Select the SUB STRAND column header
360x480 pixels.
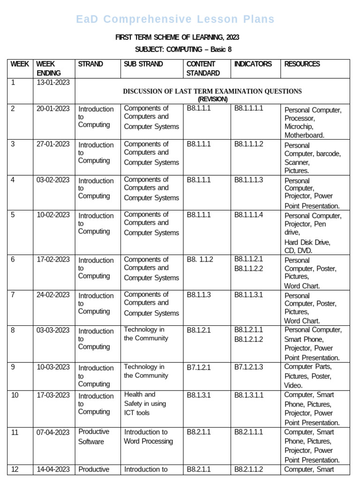[x=143, y=64]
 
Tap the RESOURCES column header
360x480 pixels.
[x=302, y=64]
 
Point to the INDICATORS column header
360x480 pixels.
[x=253, y=64]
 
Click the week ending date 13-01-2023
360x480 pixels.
[x=53, y=83]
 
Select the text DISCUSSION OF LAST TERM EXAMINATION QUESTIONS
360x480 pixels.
[x=212, y=91]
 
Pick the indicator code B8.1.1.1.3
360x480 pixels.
[x=249, y=180]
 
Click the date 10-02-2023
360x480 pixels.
[x=53, y=215]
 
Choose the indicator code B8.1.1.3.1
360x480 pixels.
[x=249, y=295]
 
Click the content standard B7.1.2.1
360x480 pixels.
[x=199, y=367]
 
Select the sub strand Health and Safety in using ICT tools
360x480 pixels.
[x=145, y=404]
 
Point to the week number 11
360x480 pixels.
[x=15, y=432]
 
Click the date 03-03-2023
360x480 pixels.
[x=53, y=330]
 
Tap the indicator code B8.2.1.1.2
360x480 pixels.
[x=249, y=469]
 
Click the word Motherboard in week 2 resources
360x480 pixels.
[x=304, y=135]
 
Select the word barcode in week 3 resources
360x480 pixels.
[x=329, y=154]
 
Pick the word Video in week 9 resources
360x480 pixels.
[x=293, y=385]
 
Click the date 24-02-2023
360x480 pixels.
[x=53, y=295]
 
